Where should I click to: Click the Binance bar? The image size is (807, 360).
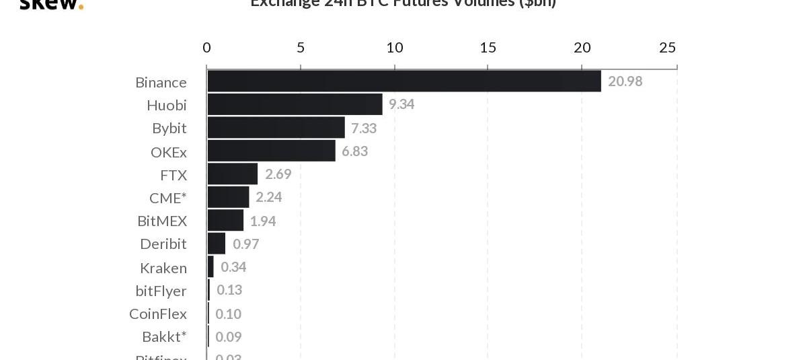tap(403, 81)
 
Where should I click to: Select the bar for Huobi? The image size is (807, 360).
tap(295, 104)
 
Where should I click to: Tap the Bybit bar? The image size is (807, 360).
tap(276, 127)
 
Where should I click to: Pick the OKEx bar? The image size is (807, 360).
tap(271, 151)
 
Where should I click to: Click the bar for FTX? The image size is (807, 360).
tap(232, 174)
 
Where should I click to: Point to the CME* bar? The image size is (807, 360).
tap(228, 197)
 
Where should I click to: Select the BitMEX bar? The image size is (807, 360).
tap(225, 220)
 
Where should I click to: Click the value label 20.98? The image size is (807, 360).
tap(625, 81)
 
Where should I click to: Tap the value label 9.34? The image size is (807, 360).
tap(401, 104)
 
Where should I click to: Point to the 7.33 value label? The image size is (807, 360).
tap(364, 128)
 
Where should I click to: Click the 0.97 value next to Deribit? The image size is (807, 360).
tap(245, 244)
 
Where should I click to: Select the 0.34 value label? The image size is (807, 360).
tap(233, 267)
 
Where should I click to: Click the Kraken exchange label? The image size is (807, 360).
tap(163, 268)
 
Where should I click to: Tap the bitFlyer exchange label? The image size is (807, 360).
tap(161, 291)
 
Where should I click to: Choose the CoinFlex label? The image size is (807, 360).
tap(158, 314)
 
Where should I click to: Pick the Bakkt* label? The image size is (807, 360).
tap(164, 336)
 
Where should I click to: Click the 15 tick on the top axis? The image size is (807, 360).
tap(488, 47)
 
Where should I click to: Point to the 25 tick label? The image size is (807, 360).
tap(667, 47)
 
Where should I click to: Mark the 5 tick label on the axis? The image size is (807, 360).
tap(301, 47)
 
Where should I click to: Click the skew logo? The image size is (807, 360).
tap(51, 4)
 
